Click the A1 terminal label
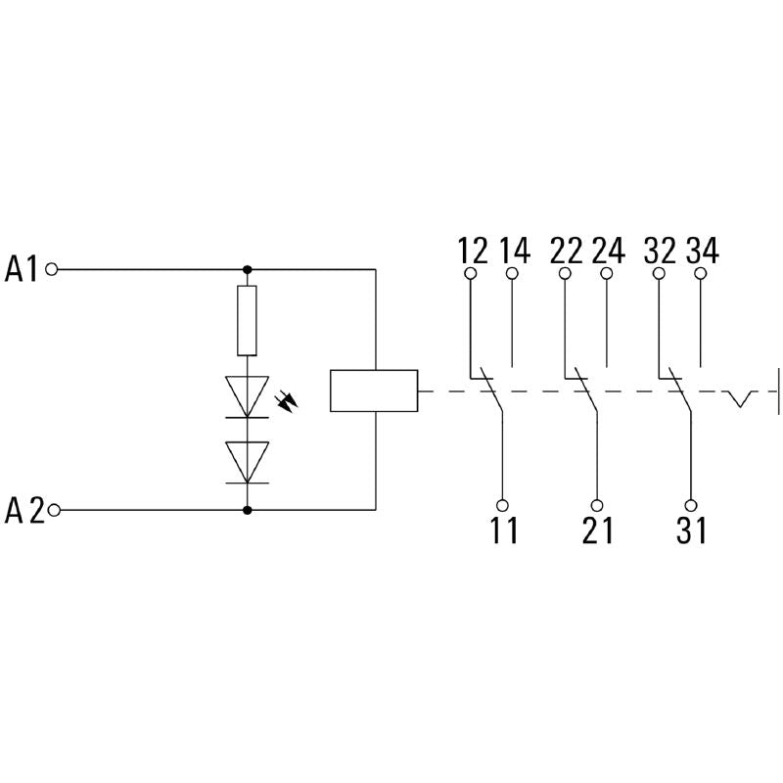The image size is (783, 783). [x=22, y=268]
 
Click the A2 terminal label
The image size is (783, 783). [x=24, y=510]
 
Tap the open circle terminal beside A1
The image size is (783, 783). [x=52, y=268]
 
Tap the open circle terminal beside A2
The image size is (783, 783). [x=54, y=510]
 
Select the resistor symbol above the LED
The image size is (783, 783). [x=247, y=320]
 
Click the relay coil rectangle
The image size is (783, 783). [x=374, y=391]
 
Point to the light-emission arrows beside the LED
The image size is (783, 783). [x=288, y=400]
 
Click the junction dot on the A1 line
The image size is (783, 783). [x=247, y=268]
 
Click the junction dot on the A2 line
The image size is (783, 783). [x=247, y=510]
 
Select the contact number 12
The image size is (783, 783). [x=472, y=251]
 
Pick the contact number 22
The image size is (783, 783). [x=566, y=251]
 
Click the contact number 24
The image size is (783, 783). [x=607, y=251]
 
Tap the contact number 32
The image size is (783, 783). [x=660, y=251]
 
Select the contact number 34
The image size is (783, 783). [x=701, y=251]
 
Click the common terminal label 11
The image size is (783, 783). [x=503, y=530]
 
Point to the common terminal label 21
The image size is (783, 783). [x=597, y=530]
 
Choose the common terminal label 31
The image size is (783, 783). [x=691, y=530]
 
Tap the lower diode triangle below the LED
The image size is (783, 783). [x=247, y=459]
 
